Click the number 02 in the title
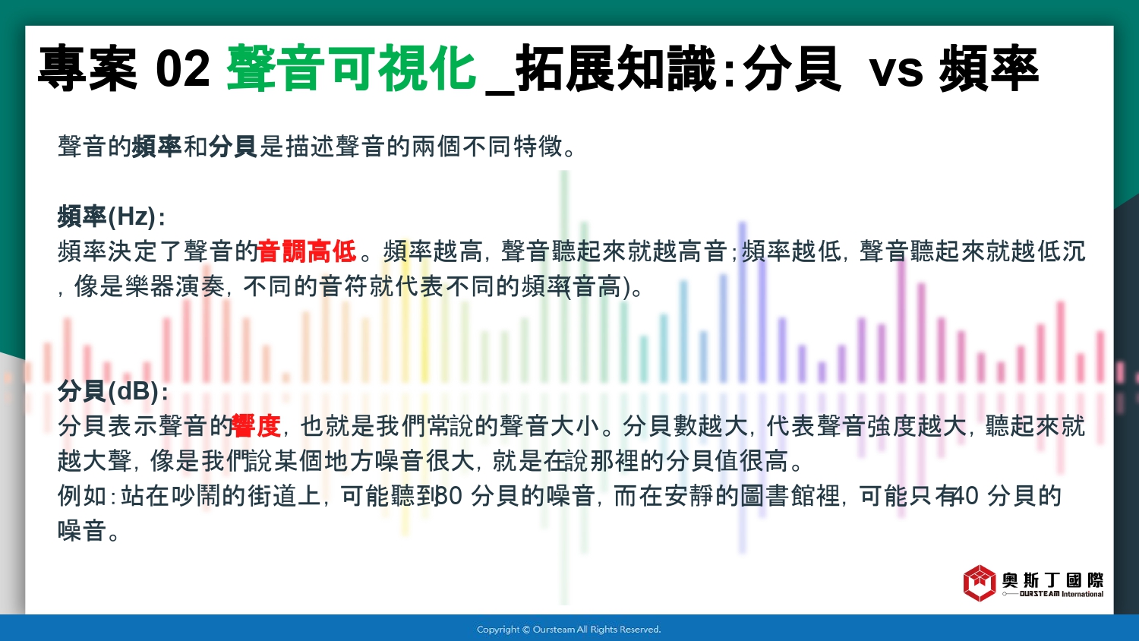[x=182, y=68]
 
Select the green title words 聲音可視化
[x=352, y=68]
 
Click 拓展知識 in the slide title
[x=615, y=68]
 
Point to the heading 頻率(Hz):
[x=112, y=216]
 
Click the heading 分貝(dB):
[x=113, y=391]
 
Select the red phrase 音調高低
[x=308, y=251]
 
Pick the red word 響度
[x=257, y=426]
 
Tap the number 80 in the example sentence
[x=449, y=496]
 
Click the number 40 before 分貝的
[x=965, y=496]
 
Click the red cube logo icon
[x=979, y=583]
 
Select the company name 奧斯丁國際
[x=1052, y=579]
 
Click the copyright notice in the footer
[x=569, y=630]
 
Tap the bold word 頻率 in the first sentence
[x=157, y=147]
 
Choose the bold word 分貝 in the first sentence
[x=232, y=147]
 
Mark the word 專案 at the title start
[x=87, y=68]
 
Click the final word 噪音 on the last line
[x=82, y=531]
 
